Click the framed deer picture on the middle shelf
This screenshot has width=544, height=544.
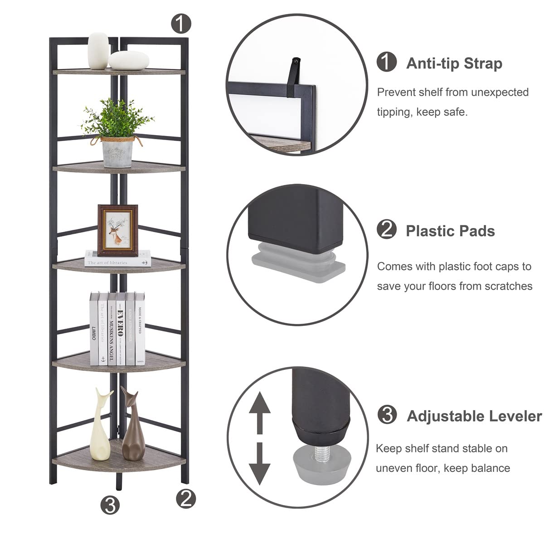(x=118, y=230)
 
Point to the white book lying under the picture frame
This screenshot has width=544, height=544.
(x=118, y=258)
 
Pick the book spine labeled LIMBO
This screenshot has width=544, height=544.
(x=94, y=329)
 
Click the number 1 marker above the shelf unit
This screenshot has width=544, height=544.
(x=181, y=23)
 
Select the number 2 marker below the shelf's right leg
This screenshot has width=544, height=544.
(x=186, y=499)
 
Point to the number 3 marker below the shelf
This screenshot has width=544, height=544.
(x=111, y=504)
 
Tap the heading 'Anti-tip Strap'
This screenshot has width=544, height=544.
(x=454, y=63)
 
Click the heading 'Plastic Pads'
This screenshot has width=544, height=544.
(x=450, y=231)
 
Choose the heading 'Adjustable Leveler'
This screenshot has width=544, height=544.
(x=474, y=416)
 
